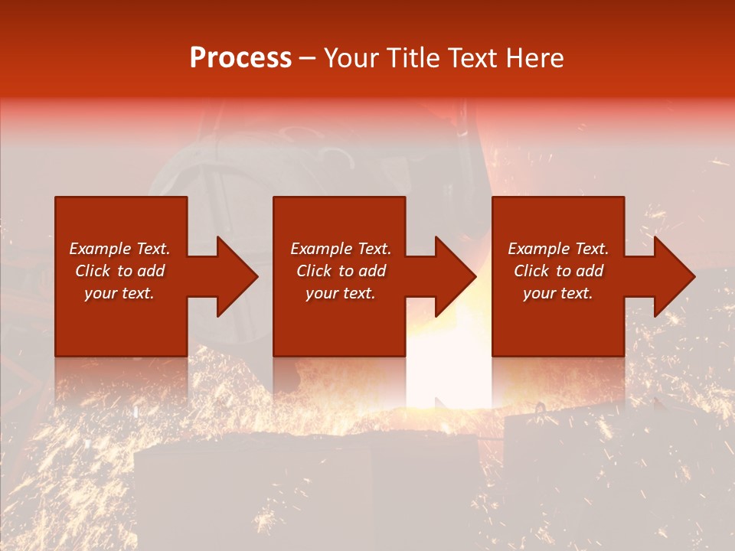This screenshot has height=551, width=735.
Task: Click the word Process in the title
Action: (240, 58)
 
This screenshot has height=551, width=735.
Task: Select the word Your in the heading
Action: (351, 58)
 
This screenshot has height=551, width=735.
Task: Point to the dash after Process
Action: (308, 59)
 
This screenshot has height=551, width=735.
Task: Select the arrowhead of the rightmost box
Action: (673, 276)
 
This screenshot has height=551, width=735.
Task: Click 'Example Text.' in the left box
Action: (120, 249)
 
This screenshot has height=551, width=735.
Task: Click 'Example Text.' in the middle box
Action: (341, 249)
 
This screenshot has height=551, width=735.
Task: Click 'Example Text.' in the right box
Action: (558, 249)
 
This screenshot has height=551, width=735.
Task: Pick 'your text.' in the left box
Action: (119, 293)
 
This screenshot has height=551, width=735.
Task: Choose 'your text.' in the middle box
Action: (341, 293)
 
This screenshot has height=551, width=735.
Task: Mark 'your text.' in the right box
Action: (558, 293)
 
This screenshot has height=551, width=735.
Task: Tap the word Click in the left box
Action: (93, 271)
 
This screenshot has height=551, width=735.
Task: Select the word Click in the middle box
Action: (314, 271)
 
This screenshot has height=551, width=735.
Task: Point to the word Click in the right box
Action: (531, 271)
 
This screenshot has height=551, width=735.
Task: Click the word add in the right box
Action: (590, 271)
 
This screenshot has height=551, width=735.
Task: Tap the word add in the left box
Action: (151, 271)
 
